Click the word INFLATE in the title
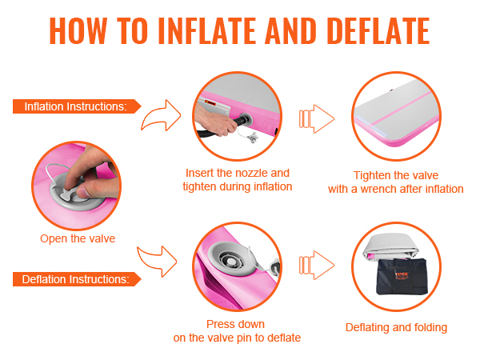point(207,30)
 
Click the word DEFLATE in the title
point(378,30)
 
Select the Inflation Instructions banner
point(77,106)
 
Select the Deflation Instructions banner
point(77,279)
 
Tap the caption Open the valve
point(78,238)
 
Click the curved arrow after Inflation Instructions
point(162,116)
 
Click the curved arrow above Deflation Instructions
point(158,260)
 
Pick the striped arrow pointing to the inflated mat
point(317,118)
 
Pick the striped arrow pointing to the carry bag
point(317,265)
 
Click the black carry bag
point(401,277)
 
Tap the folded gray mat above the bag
point(390,246)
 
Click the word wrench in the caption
point(378,189)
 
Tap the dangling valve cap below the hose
point(253,138)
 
